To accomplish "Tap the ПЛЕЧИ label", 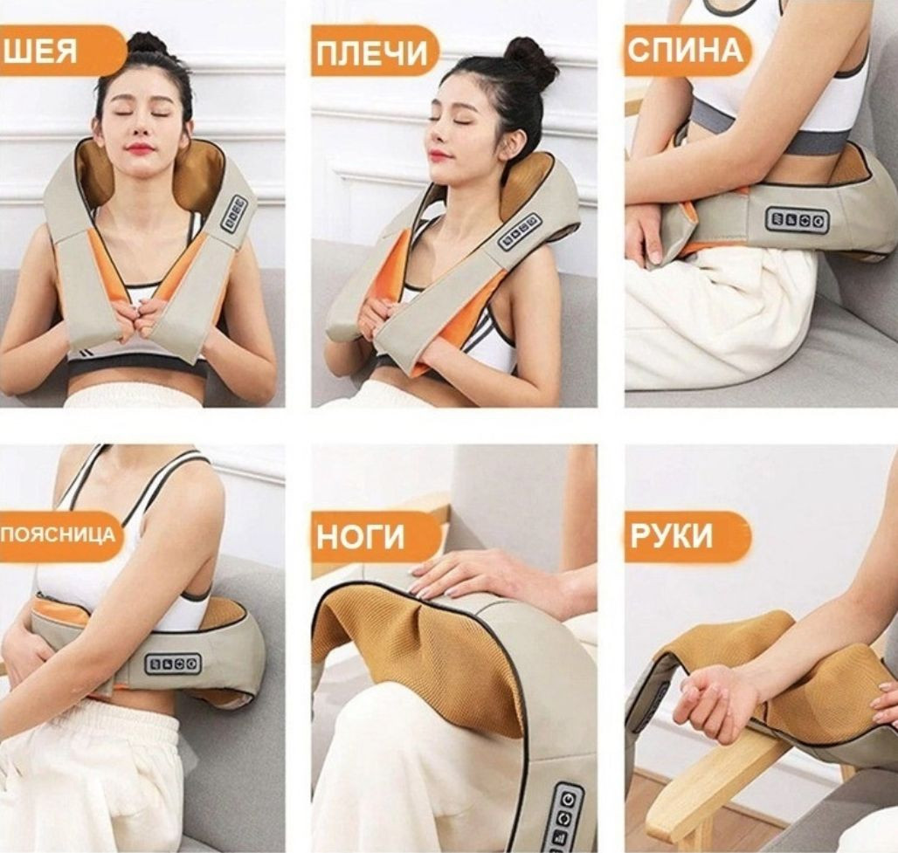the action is (374, 52).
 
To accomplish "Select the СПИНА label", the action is (687, 51).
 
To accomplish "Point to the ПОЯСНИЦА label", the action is (59, 535).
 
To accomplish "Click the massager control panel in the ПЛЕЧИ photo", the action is (520, 232).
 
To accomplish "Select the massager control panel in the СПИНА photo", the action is (798, 219).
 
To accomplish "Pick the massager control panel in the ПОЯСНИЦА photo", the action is (173, 664).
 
